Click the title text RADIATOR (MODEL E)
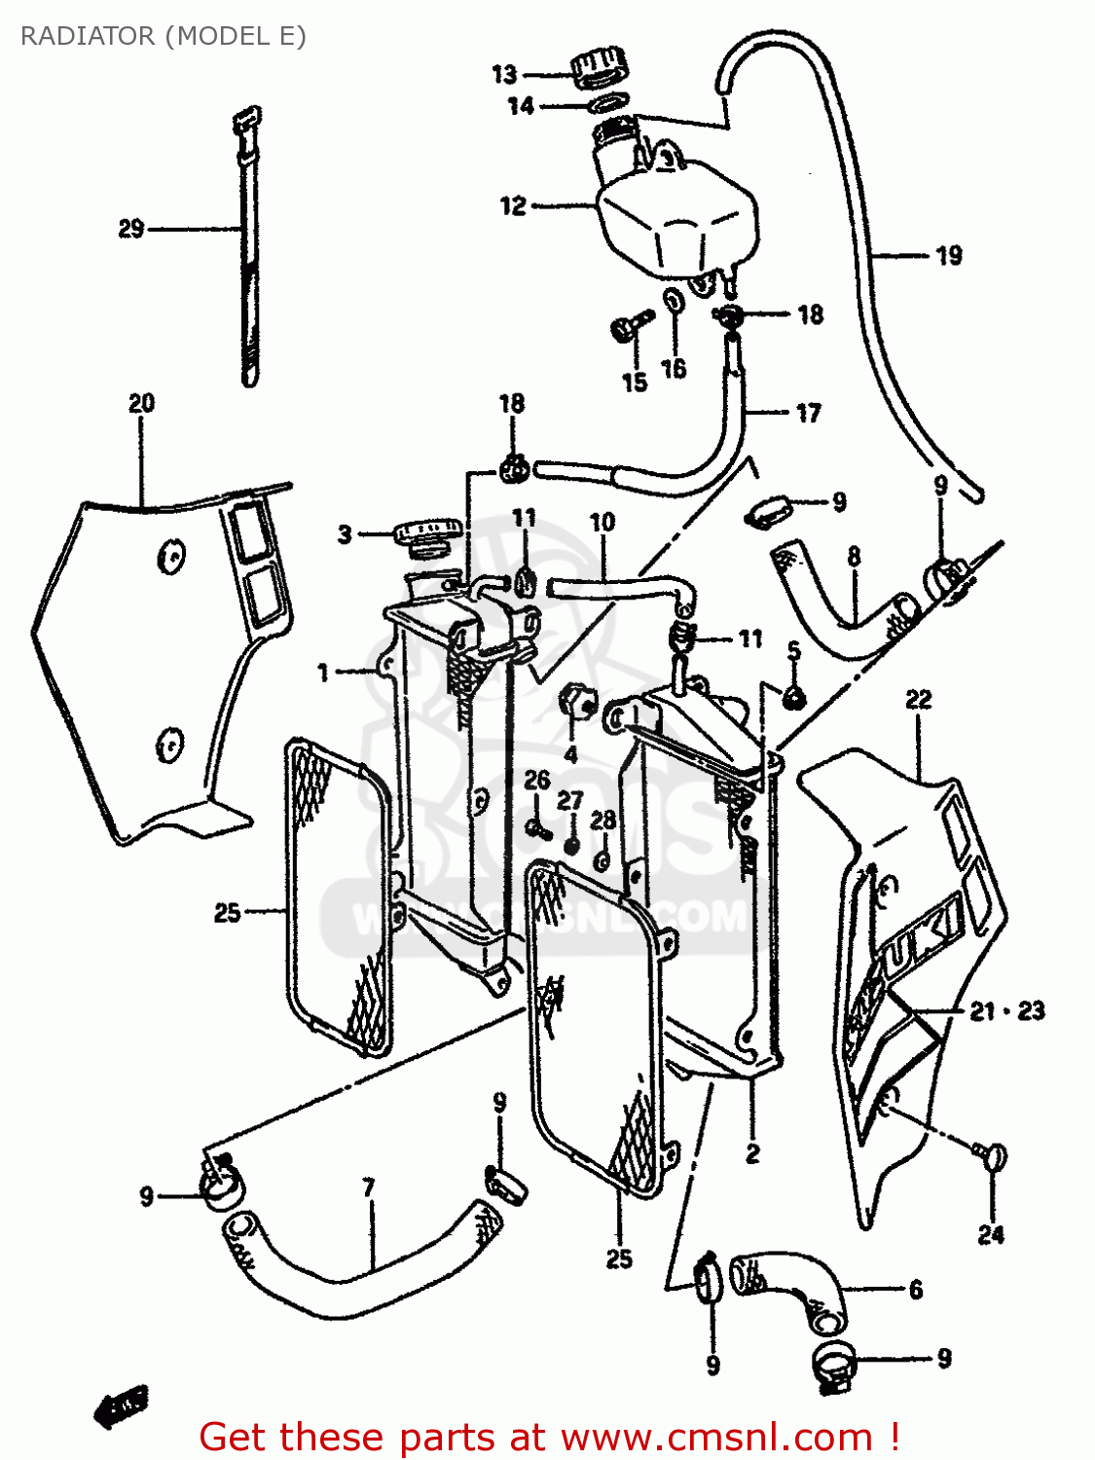click(x=164, y=36)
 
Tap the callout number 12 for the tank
click(x=513, y=206)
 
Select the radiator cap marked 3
click(x=426, y=535)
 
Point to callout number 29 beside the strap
click(x=131, y=229)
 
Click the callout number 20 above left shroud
click(x=142, y=403)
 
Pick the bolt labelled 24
click(x=992, y=1158)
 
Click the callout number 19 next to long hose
click(x=949, y=256)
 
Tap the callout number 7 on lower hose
click(x=368, y=1188)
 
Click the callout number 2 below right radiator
click(x=752, y=1155)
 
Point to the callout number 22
click(x=918, y=700)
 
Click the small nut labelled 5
click(x=794, y=695)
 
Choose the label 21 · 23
click(x=1006, y=1011)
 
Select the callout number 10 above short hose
click(x=602, y=523)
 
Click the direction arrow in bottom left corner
click(x=122, y=1406)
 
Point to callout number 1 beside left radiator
click(x=323, y=673)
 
